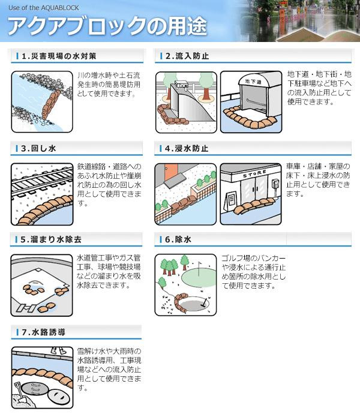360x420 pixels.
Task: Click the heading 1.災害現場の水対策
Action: [59, 56]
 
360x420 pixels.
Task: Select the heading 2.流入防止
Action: [187, 56]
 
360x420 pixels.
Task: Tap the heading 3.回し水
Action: [38, 148]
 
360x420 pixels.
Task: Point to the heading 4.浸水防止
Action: [187, 148]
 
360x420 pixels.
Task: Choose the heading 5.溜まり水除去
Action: [51, 239]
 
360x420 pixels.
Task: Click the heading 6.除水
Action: [178, 239]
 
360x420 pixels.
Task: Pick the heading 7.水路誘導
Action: [43, 332]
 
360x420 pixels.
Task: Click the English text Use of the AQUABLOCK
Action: [44, 8]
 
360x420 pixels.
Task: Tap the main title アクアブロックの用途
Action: [107, 26]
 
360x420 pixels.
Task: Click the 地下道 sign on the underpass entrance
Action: [253, 82]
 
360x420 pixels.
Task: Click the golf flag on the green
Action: [199, 268]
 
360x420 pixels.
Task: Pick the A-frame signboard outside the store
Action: [230, 201]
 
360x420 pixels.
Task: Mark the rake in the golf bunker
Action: [205, 302]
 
